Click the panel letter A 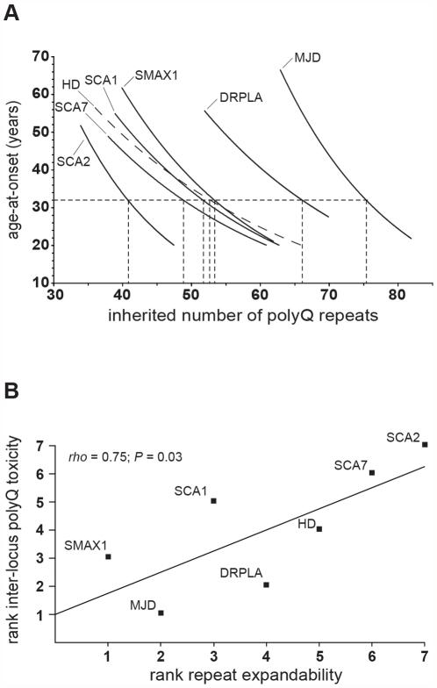(x=11, y=12)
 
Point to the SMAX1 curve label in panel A (x=155, y=75)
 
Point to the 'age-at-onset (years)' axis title (x=12, y=168)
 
